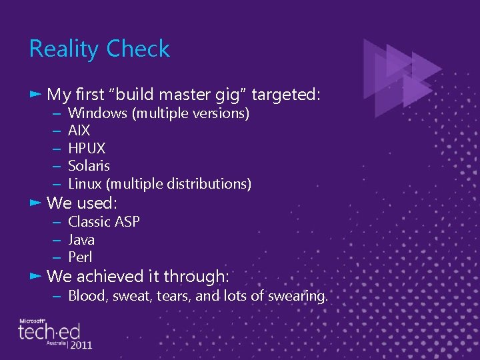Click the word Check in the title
(x=139, y=49)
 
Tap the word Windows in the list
(x=97, y=113)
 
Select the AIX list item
(x=79, y=131)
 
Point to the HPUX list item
(x=87, y=148)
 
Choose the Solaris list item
(x=89, y=165)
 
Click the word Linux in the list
(x=85, y=183)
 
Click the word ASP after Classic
(x=126, y=222)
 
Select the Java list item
(x=81, y=239)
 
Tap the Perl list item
(x=80, y=257)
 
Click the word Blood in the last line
(x=87, y=296)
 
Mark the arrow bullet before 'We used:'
(x=36, y=201)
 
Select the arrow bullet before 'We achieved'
(x=36, y=275)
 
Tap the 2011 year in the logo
(x=81, y=345)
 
